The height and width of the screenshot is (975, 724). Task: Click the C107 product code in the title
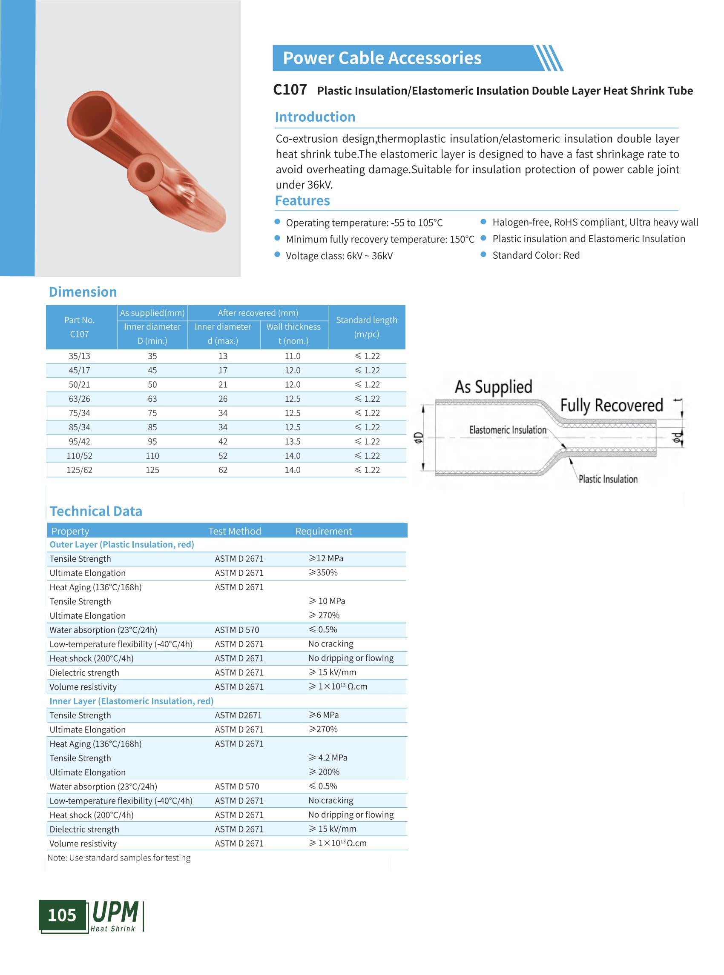(x=290, y=90)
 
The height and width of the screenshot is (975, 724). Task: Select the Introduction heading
(x=315, y=117)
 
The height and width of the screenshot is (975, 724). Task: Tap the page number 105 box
(x=62, y=915)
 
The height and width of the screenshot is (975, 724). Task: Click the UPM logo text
(x=116, y=913)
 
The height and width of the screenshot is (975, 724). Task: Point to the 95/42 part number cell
(x=79, y=441)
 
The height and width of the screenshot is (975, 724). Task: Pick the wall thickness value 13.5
(x=292, y=441)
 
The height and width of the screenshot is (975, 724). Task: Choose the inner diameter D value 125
(x=152, y=470)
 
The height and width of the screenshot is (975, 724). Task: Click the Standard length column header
(x=366, y=327)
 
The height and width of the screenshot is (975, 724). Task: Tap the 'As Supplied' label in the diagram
(x=493, y=387)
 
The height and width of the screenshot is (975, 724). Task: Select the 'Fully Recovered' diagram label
(x=612, y=406)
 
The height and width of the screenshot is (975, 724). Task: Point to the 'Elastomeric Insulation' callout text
(x=508, y=430)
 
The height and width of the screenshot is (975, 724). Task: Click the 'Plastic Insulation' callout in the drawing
(x=608, y=479)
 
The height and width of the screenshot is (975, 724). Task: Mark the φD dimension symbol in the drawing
(x=419, y=437)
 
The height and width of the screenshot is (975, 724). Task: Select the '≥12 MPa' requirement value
(x=326, y=558)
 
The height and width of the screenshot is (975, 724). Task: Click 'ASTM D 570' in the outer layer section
(x=237, y=630)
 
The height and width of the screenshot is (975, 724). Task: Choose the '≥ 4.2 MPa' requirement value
(x=328, y=758)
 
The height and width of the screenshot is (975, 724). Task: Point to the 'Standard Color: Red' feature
(x=536, y=255)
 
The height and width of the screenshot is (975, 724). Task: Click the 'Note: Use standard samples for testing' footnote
(x=119, y=858)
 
